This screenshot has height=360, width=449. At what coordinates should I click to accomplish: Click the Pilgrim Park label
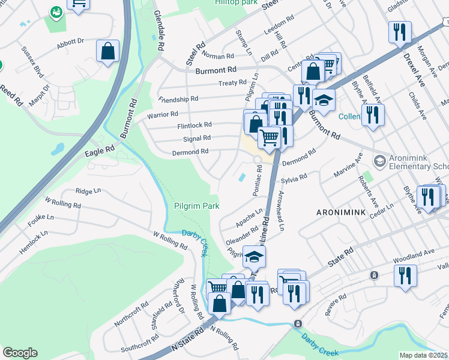click(x=196, y=206)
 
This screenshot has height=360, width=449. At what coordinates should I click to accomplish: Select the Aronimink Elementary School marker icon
click(x=379, y=161)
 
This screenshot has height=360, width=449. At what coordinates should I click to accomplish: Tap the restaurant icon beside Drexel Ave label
click(x=400, y=31)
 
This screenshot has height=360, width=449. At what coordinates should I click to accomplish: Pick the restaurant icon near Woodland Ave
click(x=405, y=276)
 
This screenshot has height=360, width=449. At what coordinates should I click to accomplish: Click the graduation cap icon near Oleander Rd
click(x=254, y=257)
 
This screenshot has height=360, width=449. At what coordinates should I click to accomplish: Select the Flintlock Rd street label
click(x=194, y=125)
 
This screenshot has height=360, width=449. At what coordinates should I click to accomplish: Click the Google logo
click(x=20, y=353)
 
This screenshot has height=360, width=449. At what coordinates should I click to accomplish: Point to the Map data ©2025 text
click(x=423, y=355)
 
